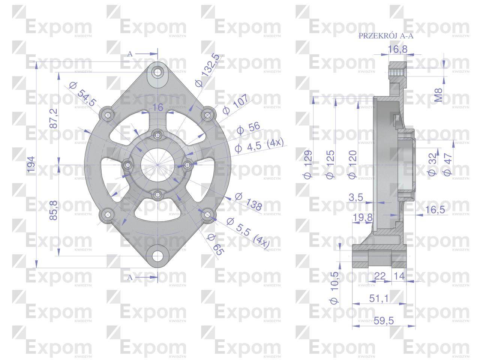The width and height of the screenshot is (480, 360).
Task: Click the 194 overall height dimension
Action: [x=31, y=165]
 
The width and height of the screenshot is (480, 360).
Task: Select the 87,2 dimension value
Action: [x=53, y=118]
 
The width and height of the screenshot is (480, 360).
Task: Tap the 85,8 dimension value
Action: [x=53, y=210]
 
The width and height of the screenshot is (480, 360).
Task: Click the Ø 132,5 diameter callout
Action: [x=207, y=70]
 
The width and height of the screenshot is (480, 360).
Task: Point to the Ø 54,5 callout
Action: [x=82, y=94]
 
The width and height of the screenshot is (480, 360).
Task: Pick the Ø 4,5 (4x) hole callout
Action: [x=259, y=145]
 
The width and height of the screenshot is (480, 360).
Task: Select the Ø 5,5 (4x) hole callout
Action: [x=248, y=233]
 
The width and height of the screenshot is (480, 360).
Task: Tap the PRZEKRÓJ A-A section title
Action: [x=386, y=36]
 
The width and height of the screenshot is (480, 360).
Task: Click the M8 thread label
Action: [x=438, y=95]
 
